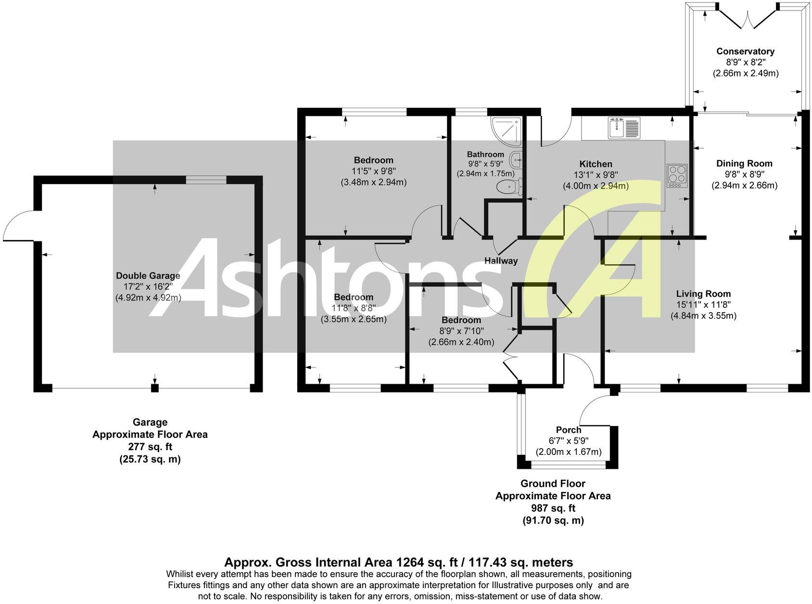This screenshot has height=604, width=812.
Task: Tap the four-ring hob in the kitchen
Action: click(x=677, y=176)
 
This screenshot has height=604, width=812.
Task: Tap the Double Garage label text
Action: click(x=148, y=276)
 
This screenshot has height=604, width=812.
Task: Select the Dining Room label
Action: click(x=744, y=164)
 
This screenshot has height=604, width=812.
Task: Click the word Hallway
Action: click(x=501, y=261)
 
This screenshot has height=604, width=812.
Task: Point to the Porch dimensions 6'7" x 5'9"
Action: click(x=569, y=441)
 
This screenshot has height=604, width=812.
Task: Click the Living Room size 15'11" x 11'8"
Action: click(x=703, y=305)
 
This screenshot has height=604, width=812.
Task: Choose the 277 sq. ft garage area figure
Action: click(x=150, y=447)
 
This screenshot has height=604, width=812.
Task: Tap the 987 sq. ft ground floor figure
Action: click(x=553, y=508)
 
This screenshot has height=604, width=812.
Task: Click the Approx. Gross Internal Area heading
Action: click(x=398, y=562)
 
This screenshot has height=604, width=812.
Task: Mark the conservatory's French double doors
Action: click(x=747, y=19)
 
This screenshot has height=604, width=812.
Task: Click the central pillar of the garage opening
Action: click(x=154, y=388)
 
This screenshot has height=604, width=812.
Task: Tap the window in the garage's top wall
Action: click(x=206, y=180)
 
